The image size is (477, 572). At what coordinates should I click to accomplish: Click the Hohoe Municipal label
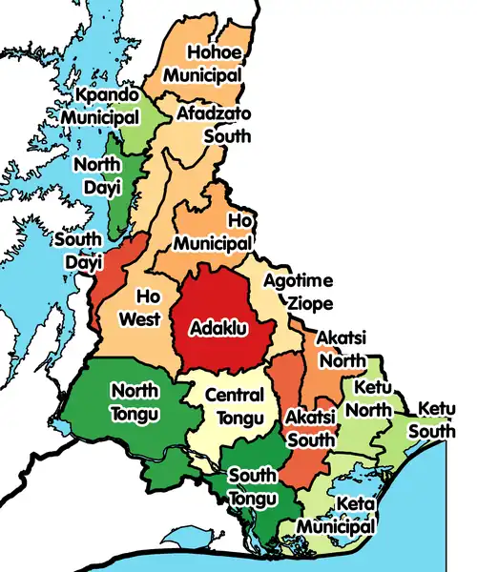point(201,63)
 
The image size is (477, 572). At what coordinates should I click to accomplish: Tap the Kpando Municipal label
point(102,106)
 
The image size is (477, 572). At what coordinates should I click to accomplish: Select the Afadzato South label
point(215,125)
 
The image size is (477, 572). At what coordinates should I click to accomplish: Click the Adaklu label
point(220,330)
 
